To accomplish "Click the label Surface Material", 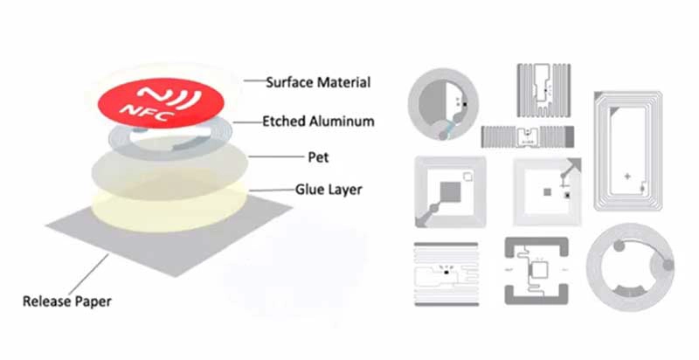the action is pos(318,82).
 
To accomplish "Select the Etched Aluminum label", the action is pos(318,121).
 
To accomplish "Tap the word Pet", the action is pos(318,156).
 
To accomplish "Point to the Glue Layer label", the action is pos(329,190).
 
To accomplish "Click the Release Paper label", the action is pos(67,301).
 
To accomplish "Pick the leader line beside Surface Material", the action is pos(254,80).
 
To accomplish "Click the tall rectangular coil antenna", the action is pos(627,150).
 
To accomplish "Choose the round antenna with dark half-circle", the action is pos(443,104).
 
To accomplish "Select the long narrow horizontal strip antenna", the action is pos(528,136).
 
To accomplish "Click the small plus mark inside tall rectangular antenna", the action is pos(627,176).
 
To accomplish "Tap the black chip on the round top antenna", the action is pos(465,104).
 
